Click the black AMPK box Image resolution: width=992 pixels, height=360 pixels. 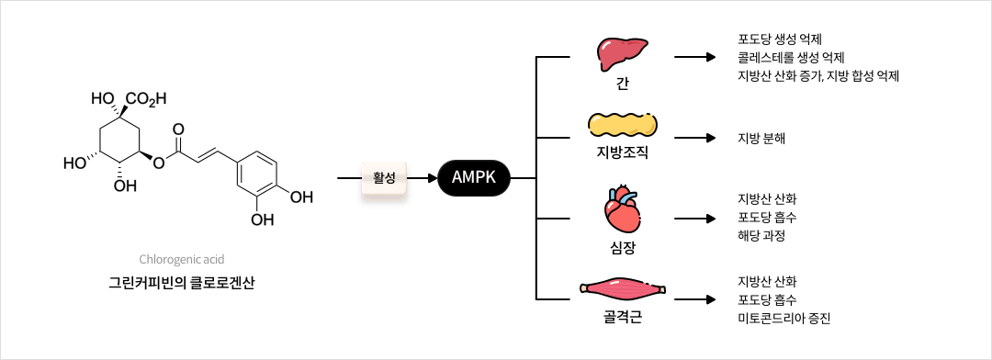click(x=473, y=178)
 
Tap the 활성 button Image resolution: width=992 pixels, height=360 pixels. click(x=384, y=178)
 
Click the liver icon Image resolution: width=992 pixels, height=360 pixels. click(x=622, y=55)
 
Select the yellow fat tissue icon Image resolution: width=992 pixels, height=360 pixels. click(x=622, y=126)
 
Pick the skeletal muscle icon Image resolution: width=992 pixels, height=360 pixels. click(x=622, y=290)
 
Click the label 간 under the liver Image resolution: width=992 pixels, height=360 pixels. click(x=623, y=84)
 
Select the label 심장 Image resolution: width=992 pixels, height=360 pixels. click(x=622, y=248)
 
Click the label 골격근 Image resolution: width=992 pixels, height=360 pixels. click(x=622, y=319)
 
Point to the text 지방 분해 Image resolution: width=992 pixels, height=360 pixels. click(x=761, y=139)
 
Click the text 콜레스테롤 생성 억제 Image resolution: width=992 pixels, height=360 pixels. click(x=791, y=58)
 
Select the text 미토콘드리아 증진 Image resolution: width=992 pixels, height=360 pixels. click(x=783, y=319)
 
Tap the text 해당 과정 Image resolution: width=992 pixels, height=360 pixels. click(x=761, y=236)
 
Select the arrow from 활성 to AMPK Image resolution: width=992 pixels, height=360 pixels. click(x=423, y=178)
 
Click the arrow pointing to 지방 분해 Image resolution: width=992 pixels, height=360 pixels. click(x=694, y=139)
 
